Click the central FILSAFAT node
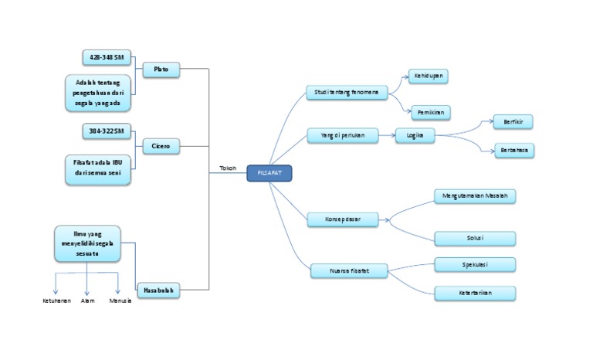(269, 174)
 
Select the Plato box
(161, 70)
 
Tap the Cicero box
(161, 145)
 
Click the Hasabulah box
(161, 290)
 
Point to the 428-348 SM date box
(107, 57)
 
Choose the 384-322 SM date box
(106, 133)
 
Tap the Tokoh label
(228, 168)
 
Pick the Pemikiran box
(429, 113)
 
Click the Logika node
(415, 136)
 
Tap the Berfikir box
(513, 122)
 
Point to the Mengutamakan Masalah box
(474, 196)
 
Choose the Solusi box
(474, 238)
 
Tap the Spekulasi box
(474, 265)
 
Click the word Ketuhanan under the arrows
(56, 301)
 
